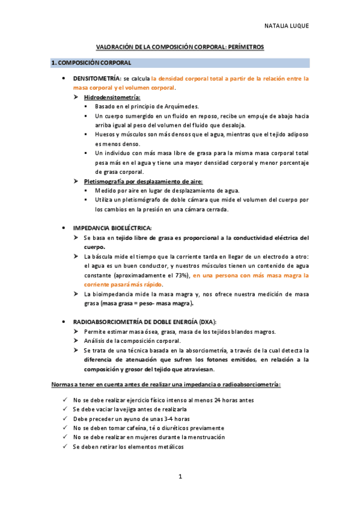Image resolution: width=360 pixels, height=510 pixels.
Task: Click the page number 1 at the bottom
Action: pyautogui.click(x=180, y=476)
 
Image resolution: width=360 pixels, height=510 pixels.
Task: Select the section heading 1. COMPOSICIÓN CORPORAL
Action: pyautogui.click(x=91, y=63)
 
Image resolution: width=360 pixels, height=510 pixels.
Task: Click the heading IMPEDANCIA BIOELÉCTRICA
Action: pyautogui.click(x=112, y=228)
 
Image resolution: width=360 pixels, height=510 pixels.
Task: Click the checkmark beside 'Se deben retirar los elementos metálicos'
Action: pyautogui.click(x=65, y=447)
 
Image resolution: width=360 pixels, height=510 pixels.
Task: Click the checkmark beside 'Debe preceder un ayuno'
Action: pyautogui.click(x=65, y=418)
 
